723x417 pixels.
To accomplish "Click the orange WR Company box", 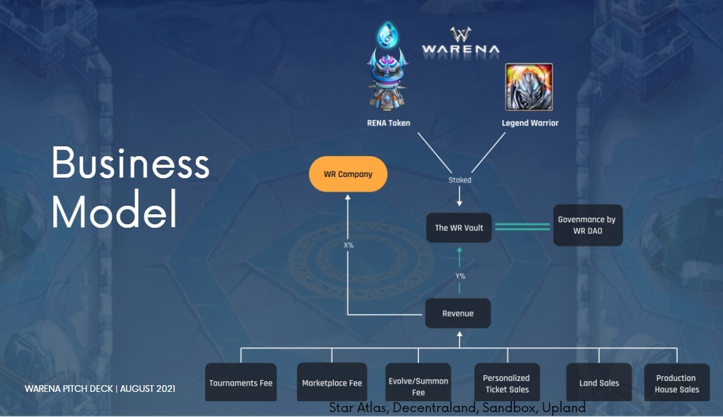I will (347, 174).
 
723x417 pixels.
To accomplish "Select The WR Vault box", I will (459, 228).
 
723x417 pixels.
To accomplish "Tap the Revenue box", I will (458, 314).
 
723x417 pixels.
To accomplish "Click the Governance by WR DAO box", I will (587, 225).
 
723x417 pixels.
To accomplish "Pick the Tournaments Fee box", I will (240, 383).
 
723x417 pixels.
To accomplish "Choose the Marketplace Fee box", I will (332, 383).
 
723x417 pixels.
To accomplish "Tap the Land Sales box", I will (599, 383).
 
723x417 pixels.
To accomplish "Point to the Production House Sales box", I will (677, 383).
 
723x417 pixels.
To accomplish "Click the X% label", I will (349, 245).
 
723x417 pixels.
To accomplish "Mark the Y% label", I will (460, 276).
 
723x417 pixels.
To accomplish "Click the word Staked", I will (460, 180).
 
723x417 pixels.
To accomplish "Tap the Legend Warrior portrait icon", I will (528, 87).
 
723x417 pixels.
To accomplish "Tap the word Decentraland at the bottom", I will (419, 407).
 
